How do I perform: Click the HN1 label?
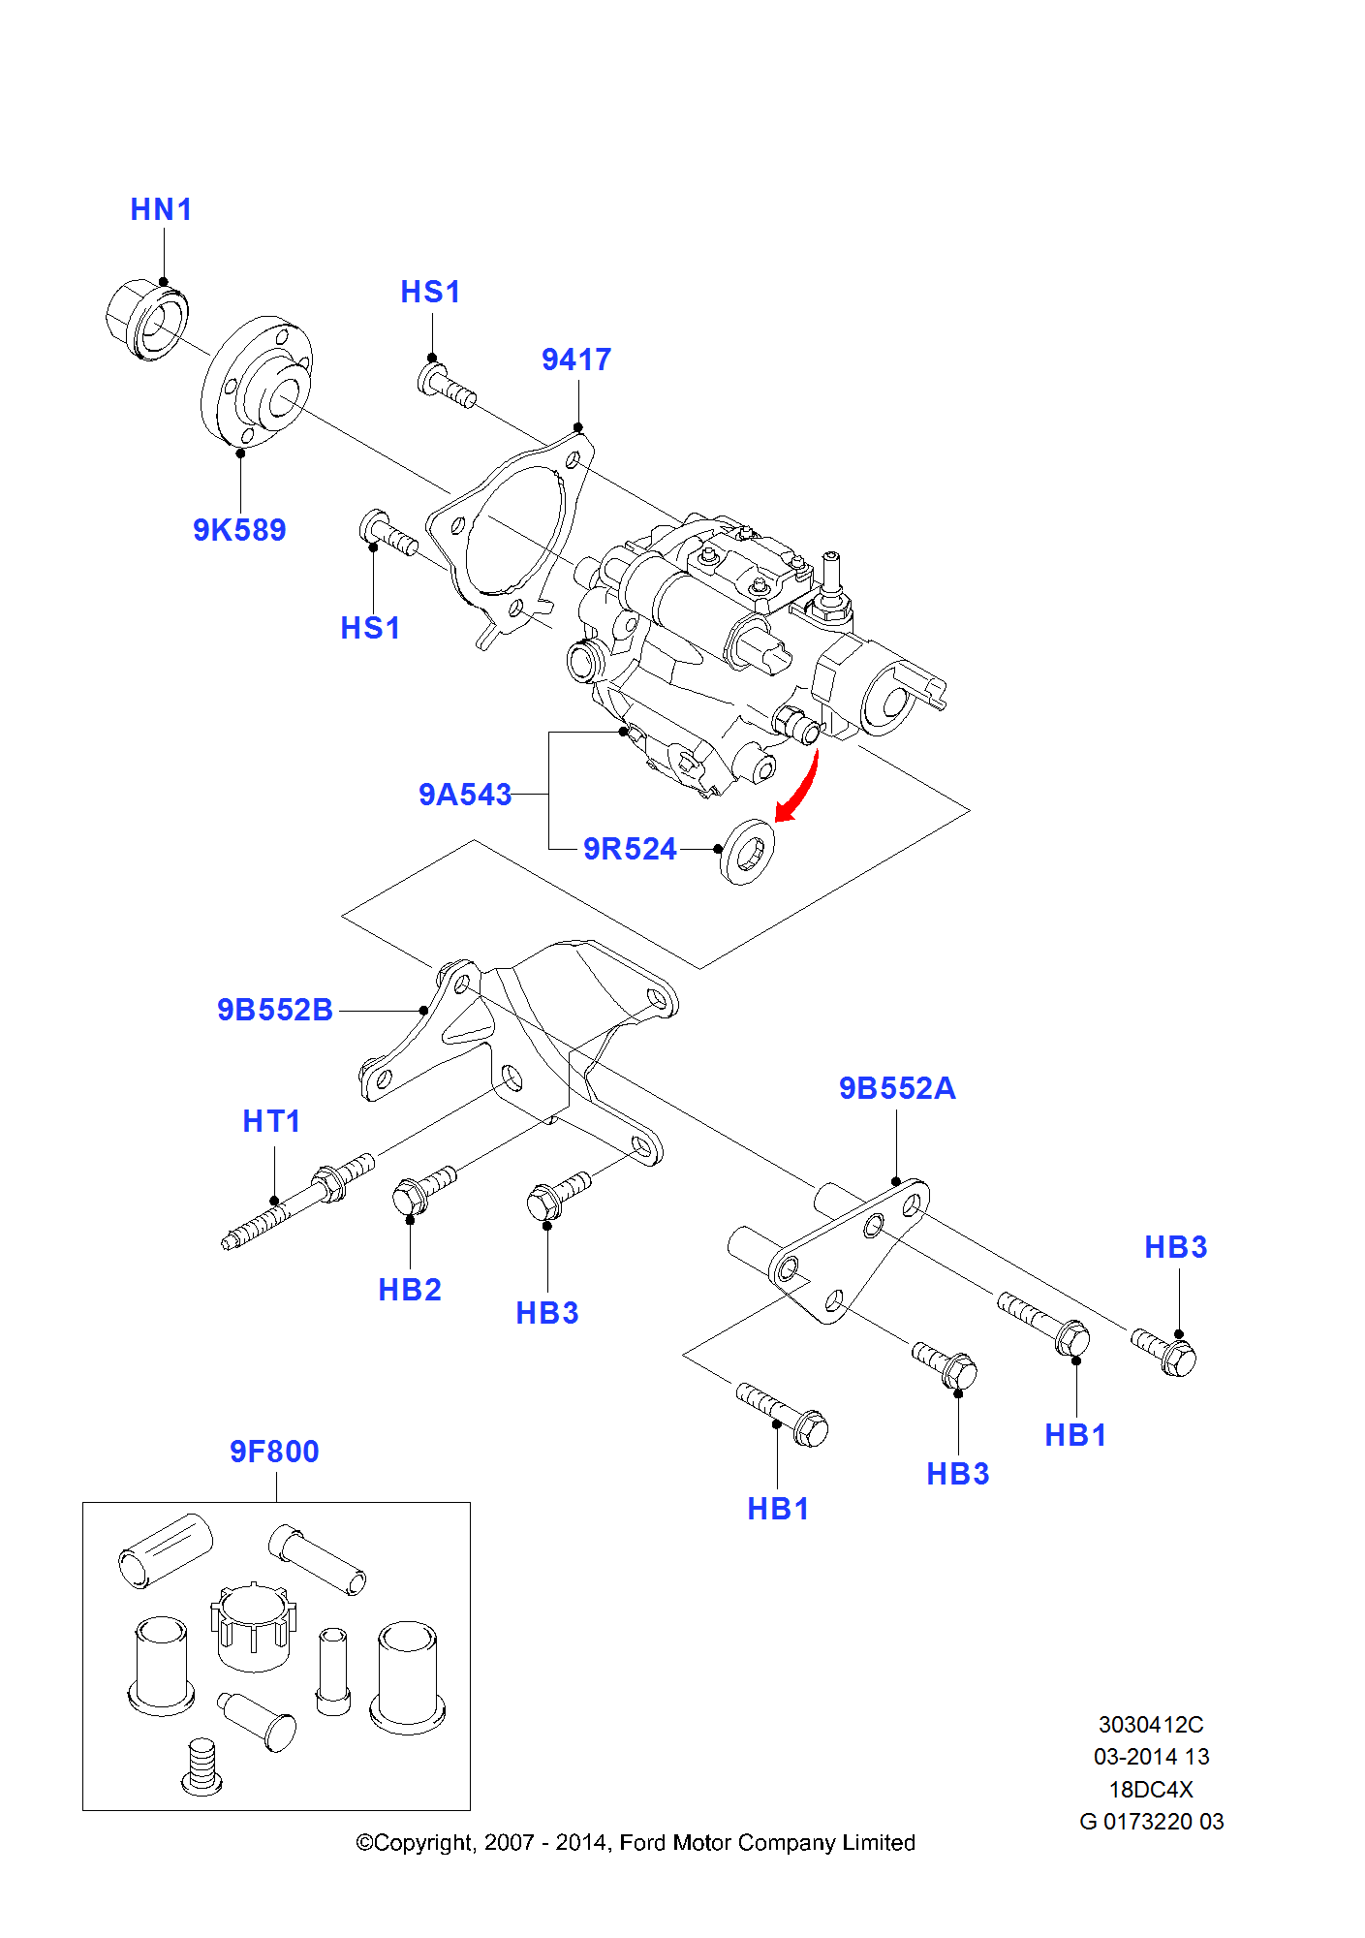pos(161,209)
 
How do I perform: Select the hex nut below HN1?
pos(145,320)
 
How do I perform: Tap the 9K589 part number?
pos(239,530)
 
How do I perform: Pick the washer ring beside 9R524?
pos(747,852)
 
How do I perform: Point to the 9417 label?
pos(576,359)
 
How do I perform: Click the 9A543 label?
pos(465,795)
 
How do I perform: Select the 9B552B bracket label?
pos(275,1010)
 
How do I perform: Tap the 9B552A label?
pos(897,1088)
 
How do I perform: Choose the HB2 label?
pos(410,1290)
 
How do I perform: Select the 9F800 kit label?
pos(274,1452)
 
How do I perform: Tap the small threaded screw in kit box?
pos(202,1766)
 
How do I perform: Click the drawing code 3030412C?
pos(1151,1725)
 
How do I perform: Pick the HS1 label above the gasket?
pos(430,292)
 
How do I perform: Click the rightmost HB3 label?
pos(1175,1247)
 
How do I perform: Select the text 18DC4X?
pos(1151,1790)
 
